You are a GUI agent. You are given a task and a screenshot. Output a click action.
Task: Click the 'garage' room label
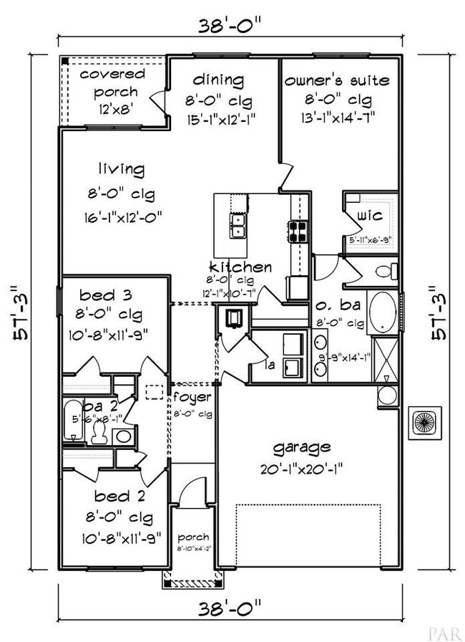[x=301, y=448]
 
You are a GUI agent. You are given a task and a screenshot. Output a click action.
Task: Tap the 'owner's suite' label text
[x=337, y=80]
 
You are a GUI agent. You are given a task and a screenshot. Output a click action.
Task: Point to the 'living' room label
[x=122, y=170]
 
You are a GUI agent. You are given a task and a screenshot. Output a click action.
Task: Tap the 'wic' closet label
[x=370, y=214]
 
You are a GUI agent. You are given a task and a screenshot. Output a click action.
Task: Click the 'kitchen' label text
[x=240, y=267]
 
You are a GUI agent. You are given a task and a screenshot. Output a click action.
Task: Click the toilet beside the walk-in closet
[x=385, y=272]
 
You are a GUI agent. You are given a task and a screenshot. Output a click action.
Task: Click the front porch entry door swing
[x=187, y=493]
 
